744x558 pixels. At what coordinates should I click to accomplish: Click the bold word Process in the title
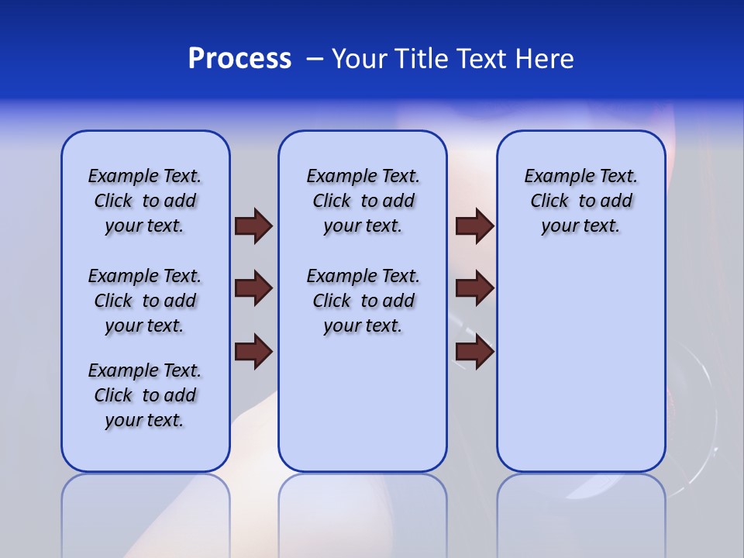point(239,59)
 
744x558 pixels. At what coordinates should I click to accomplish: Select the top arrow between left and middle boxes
point(253,226)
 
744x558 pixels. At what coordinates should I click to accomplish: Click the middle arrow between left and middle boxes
point(253,288)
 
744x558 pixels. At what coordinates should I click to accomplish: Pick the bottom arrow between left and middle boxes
point(253,351)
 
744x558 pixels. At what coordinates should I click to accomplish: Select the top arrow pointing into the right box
point(474,226)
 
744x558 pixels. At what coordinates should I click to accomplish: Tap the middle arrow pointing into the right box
point(474,288)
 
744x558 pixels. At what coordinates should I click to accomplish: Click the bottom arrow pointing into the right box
point(474,351)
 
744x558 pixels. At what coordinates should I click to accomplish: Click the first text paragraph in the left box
point(145,201)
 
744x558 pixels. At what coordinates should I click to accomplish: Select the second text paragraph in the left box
point(145,301)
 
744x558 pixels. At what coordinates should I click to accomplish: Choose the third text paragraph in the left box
point(145,395)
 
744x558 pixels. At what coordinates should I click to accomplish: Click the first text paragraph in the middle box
point(363,201)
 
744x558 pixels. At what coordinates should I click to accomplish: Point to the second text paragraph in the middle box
point(363,301)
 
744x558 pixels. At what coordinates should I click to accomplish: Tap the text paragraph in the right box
point(580,201)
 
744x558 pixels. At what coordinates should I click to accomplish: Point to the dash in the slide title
point(315,59)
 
